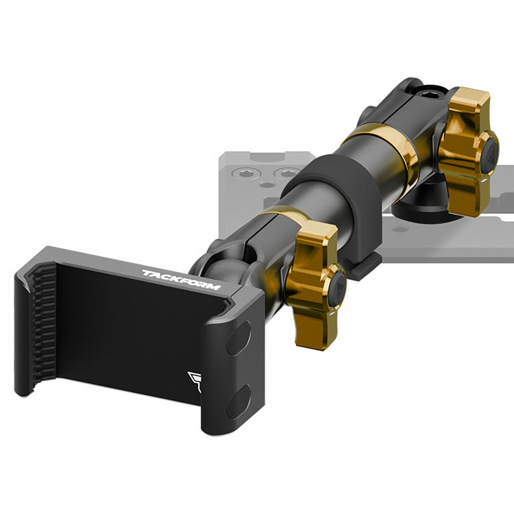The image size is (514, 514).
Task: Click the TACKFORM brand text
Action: (182, 280)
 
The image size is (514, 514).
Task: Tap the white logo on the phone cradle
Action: (195, 382)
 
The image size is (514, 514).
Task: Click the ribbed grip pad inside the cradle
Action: (44, 325)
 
